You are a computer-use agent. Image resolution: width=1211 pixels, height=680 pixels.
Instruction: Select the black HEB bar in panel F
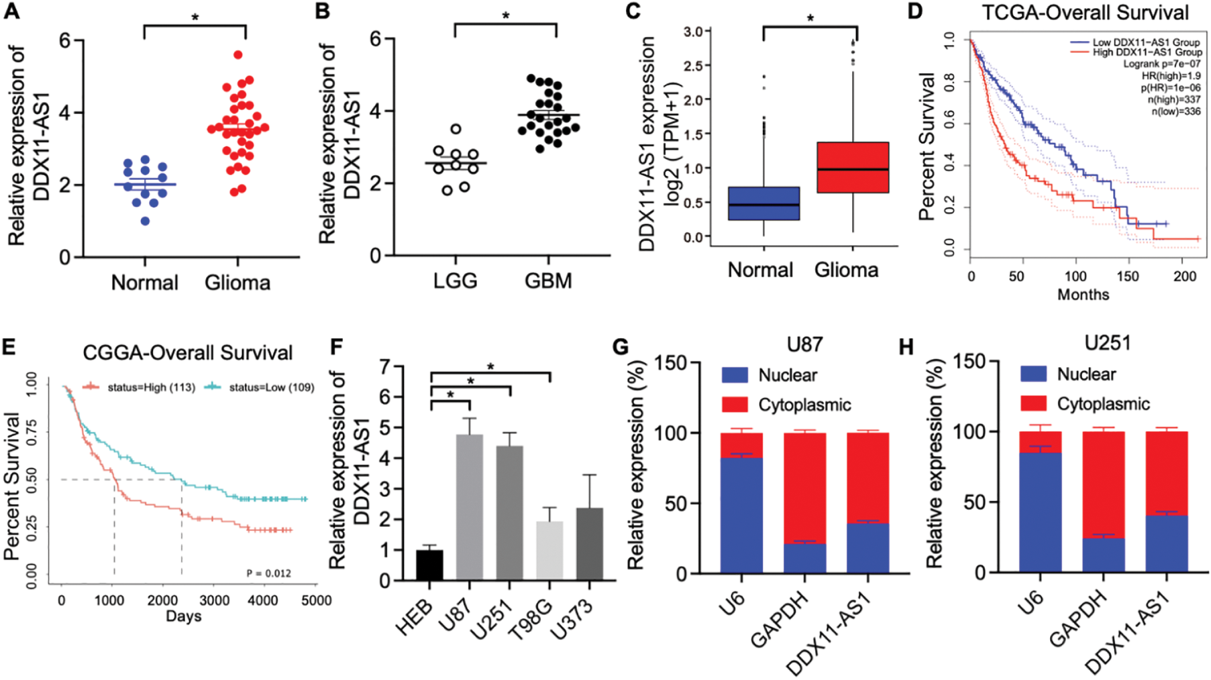[x=429, y=565]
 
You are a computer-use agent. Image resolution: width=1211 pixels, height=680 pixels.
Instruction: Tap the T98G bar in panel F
[x=549, y=550]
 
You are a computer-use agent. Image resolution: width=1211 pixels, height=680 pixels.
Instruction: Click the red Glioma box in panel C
[x=853, y=167]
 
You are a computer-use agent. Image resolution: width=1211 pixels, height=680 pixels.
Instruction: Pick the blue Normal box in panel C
[x=764, y=203]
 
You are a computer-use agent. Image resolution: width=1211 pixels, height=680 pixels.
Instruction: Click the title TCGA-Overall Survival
[x=1085, y=13]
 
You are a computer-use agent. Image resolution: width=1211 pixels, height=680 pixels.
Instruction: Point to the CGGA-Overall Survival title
[x=187, y=352]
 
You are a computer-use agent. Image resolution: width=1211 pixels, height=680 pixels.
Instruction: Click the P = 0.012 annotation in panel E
[x=268, y=573]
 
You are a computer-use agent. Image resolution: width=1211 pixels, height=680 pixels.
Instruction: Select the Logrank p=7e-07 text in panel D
[x=1162, y=64]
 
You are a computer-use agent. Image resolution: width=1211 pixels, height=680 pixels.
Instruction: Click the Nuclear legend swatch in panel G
[x=735, y=375]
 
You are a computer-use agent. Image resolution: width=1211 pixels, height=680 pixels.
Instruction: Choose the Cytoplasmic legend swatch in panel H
[x=1033, y=403]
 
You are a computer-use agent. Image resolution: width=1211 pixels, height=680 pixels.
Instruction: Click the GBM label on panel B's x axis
[x=548, y=281]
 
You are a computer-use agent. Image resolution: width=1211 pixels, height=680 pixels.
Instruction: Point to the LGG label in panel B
[x=455, y=281]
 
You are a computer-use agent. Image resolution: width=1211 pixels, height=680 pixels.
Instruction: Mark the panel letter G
[x=621, y=347]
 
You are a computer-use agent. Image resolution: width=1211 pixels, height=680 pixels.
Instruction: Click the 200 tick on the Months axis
[x=1186, y=276]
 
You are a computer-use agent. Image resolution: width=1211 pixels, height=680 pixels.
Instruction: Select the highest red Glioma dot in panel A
[x=238, y=55]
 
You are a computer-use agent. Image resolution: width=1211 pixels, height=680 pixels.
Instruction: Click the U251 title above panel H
[x=1108, y=343]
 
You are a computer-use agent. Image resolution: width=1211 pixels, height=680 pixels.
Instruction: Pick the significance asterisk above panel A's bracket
[x=195, y=17]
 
